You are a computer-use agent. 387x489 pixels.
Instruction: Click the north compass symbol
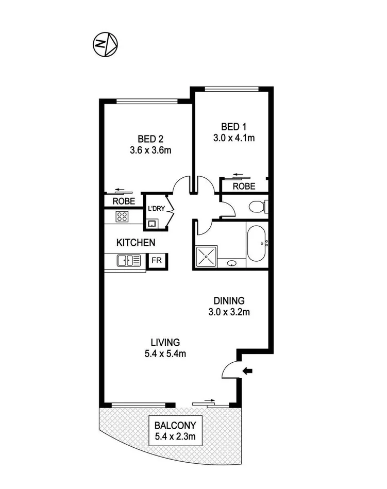(105, 44)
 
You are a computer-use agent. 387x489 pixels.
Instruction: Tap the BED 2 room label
(150, 139)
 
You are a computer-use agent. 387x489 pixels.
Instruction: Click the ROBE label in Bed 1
(244, 187)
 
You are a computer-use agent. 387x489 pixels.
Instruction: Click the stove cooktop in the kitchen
(122, 216)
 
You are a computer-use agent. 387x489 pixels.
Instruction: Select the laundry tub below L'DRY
(152, 224)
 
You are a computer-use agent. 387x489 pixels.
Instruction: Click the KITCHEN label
(136, 242)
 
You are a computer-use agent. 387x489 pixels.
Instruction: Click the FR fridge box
(157, 260)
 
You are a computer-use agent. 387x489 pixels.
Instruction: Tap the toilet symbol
(257, 208)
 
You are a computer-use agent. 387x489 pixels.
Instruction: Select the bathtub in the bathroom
(256, 245)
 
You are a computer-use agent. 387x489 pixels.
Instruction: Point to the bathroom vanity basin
(233, 264)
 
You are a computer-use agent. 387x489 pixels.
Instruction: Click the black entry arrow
(248, 370)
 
